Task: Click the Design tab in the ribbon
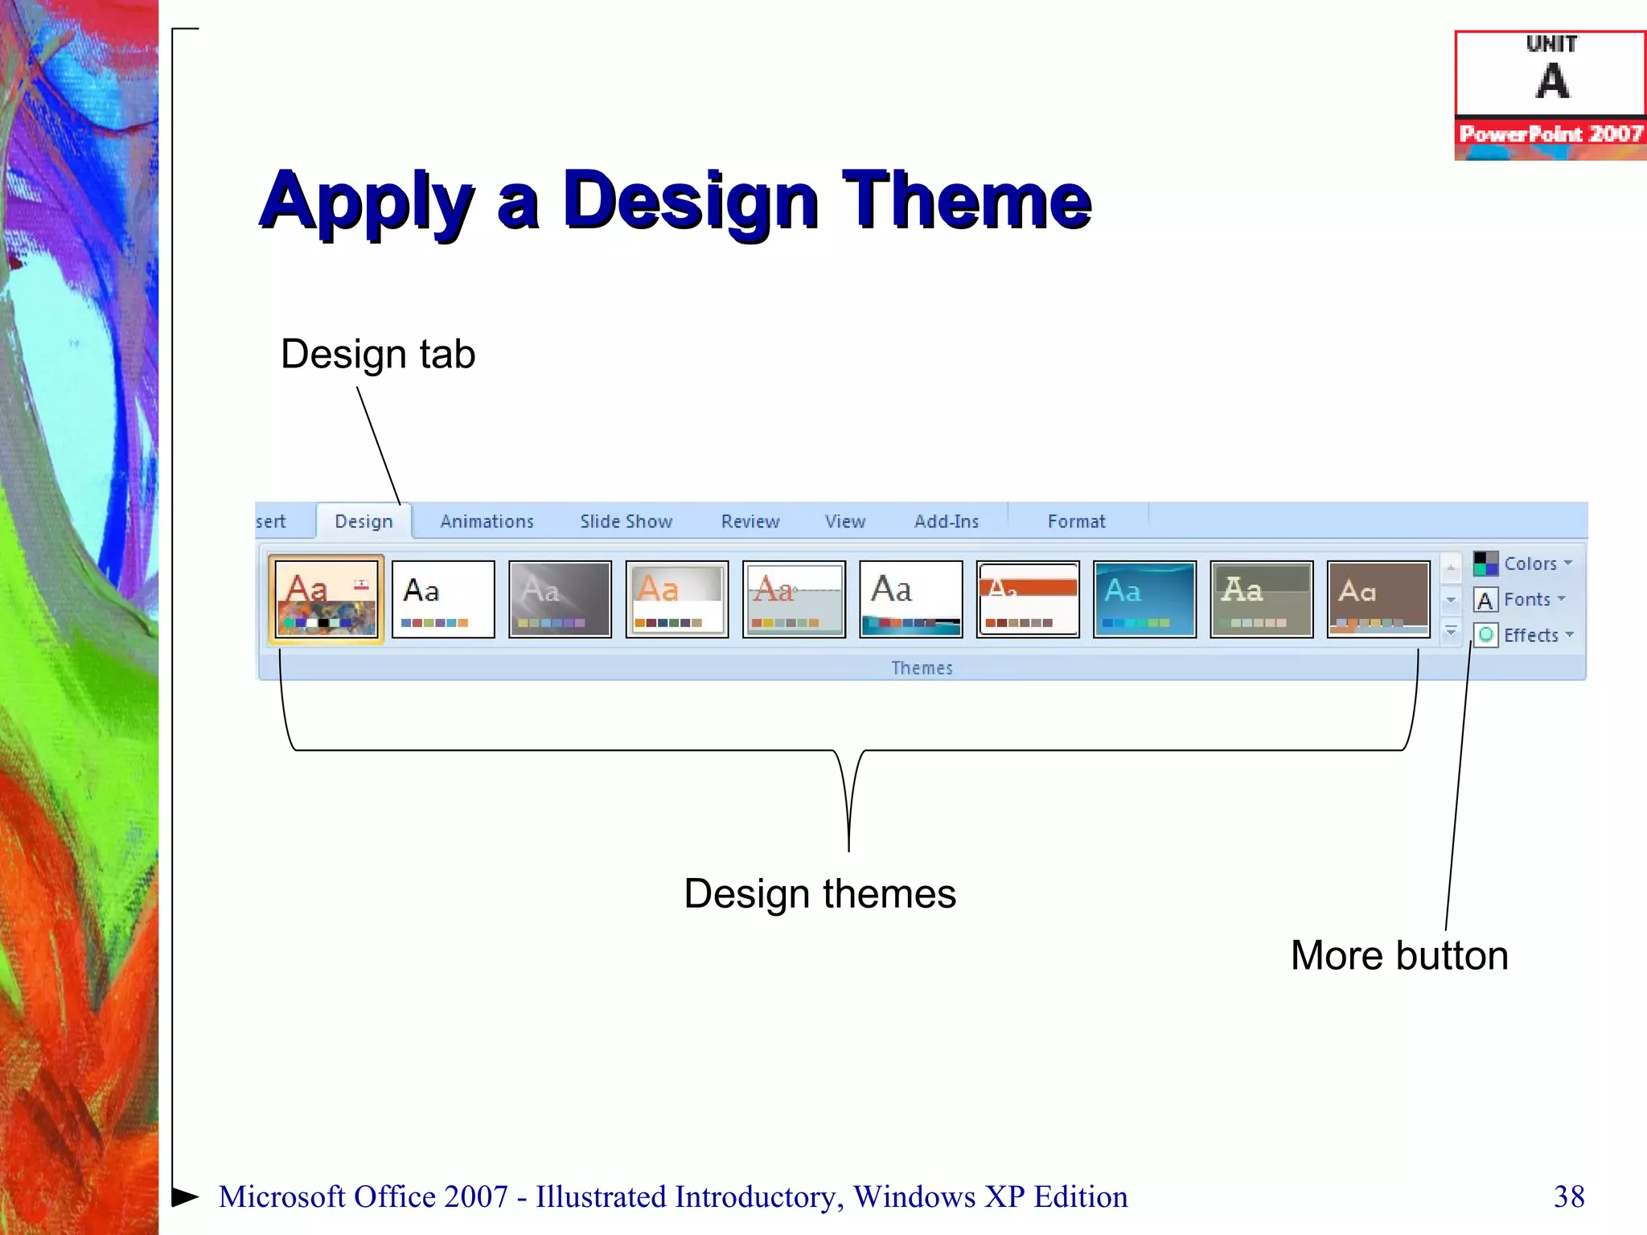tap(363, 522)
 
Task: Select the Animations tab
tap(487, 522)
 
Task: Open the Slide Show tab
tap(626, 522)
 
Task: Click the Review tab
tap(750, 522)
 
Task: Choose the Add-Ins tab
tap(946, 522)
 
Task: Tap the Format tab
tap(1076, 522)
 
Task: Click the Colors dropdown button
tap(1523, 564)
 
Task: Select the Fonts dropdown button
tap(1520, 600)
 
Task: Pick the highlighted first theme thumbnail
tap(327, 600)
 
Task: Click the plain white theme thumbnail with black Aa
tap(443, 600)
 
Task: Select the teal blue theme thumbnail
tap(1144, 600)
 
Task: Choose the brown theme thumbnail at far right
tap(1378, 600)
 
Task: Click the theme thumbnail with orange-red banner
tap(1028, 600)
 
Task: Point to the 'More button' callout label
tap(1399, 955)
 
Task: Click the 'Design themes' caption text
tap(819, 893)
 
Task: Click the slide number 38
tap(1568, 1196)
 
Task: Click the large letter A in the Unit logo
tap(1551, 81)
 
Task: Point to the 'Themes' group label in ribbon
tap(922, 668)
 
